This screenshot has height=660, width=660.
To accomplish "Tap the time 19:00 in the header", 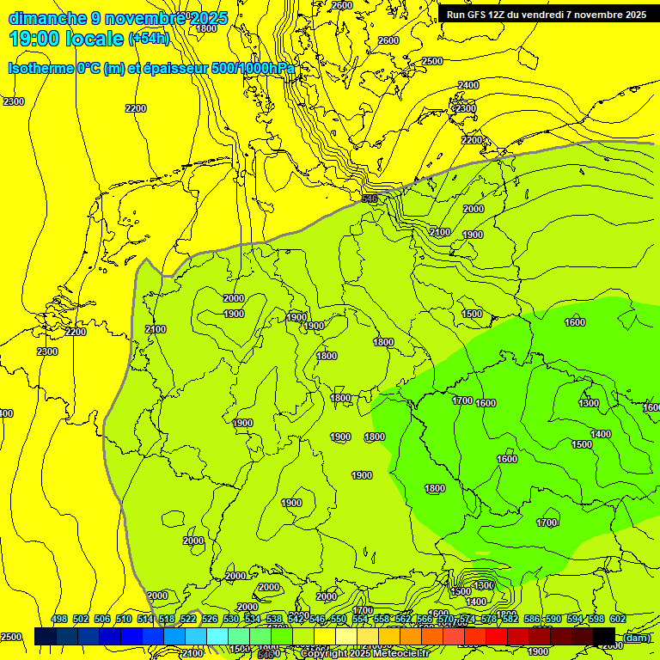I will (34, 39).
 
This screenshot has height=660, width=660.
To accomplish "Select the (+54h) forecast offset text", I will (149, 39).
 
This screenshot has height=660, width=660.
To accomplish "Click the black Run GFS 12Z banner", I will (547, 15).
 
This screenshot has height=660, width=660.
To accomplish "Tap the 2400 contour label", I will (468, 85).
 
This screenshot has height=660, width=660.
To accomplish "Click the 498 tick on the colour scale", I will (59, 620).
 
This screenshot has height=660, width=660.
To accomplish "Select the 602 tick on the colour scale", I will (618, 620).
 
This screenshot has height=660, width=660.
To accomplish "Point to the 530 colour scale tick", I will (231, 620).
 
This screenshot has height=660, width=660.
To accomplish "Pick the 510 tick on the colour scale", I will (124, 620).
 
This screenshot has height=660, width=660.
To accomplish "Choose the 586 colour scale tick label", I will (532, 620).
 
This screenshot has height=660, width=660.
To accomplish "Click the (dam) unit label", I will (637, 637).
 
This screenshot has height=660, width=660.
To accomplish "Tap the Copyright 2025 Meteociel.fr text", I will (376, 654).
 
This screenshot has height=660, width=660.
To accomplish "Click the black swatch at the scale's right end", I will (604, 636).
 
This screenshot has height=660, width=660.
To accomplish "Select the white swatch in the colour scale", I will (346, 636).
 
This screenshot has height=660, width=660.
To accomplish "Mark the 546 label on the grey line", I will (370, 199).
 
